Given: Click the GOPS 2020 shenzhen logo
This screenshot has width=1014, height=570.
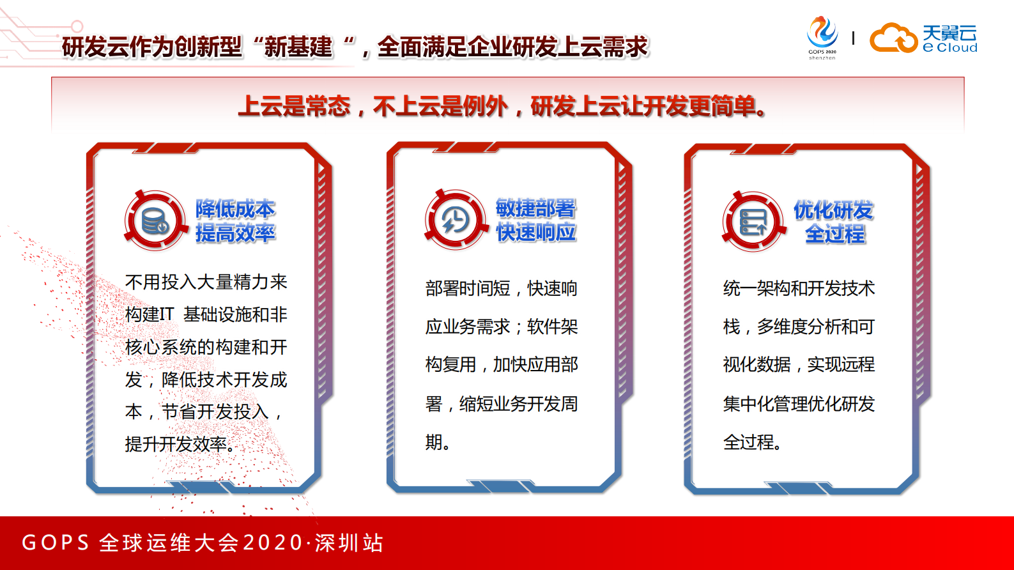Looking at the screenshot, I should pos(822,38).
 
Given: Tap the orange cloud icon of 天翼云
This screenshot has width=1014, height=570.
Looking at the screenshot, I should pos(893,38).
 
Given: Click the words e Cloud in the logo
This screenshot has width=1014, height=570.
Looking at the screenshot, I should pos(950,48).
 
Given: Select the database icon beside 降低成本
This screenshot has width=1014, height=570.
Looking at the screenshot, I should pos(155,221).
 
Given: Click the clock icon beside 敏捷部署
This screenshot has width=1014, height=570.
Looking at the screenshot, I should pos(455,220).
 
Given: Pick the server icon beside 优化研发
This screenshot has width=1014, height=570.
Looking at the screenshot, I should pos(753,222).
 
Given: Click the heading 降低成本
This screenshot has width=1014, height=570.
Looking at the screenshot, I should pos(235,209).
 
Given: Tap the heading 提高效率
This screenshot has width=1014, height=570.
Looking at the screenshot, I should pos(235,233).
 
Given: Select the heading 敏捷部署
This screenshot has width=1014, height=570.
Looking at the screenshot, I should pos(535,208).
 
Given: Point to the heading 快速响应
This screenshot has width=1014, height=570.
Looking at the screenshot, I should pos(535,233).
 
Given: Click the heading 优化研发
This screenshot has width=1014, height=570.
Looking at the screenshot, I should pos(833,210).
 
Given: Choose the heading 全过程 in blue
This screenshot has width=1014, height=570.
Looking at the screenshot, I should pos(834,234).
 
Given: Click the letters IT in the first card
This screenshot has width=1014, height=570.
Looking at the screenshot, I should pos(166,314).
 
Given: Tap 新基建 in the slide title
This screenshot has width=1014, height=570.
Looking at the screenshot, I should pos(298,47).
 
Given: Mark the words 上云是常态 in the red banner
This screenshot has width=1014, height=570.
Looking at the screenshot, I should pos(295,106).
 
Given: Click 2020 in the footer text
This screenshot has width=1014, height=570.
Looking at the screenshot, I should pos(273,543).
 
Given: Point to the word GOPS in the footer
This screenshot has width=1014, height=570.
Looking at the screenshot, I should pos(56,543).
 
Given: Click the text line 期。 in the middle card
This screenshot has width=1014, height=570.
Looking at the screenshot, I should pos(438,442).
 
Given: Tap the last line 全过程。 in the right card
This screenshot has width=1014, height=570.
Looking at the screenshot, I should pos(752,442).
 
